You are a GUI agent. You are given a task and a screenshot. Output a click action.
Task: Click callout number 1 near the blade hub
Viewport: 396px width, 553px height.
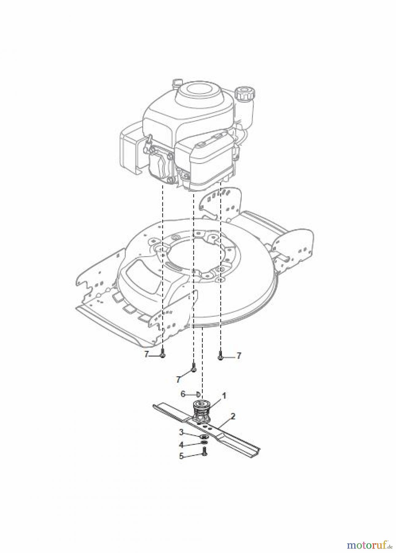[x=224, y=396]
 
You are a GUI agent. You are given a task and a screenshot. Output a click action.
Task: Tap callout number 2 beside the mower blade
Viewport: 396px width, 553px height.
[x=233, y=417]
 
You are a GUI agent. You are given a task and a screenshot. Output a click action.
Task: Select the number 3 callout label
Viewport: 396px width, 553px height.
[x=182, y=433]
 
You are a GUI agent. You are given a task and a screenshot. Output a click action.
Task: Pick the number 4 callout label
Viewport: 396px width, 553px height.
[x=182, y=445]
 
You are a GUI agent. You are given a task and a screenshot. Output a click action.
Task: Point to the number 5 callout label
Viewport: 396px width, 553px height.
[x=182, y=456]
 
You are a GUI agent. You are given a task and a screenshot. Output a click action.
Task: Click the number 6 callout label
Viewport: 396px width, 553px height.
[x=183, y=394]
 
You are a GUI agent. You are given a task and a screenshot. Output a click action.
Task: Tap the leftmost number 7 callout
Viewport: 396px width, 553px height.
[x=147, y=355]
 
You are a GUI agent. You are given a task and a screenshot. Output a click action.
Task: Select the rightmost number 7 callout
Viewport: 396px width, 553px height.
[x=238, y=356]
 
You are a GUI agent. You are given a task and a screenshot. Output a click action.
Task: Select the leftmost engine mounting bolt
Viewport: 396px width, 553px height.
[x=163, y=355]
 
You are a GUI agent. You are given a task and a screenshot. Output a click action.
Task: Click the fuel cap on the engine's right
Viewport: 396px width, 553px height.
[x=242, y=92]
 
